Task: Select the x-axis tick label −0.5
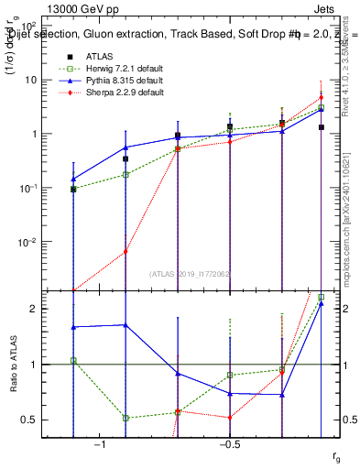coord(229,444)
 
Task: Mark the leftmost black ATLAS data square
coord(73,190)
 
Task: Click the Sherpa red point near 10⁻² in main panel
coord(125,252)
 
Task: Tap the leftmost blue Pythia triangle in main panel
coord(73,180)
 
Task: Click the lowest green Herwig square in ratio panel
coord(125,418)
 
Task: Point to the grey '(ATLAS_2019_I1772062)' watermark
coord(191,273)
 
